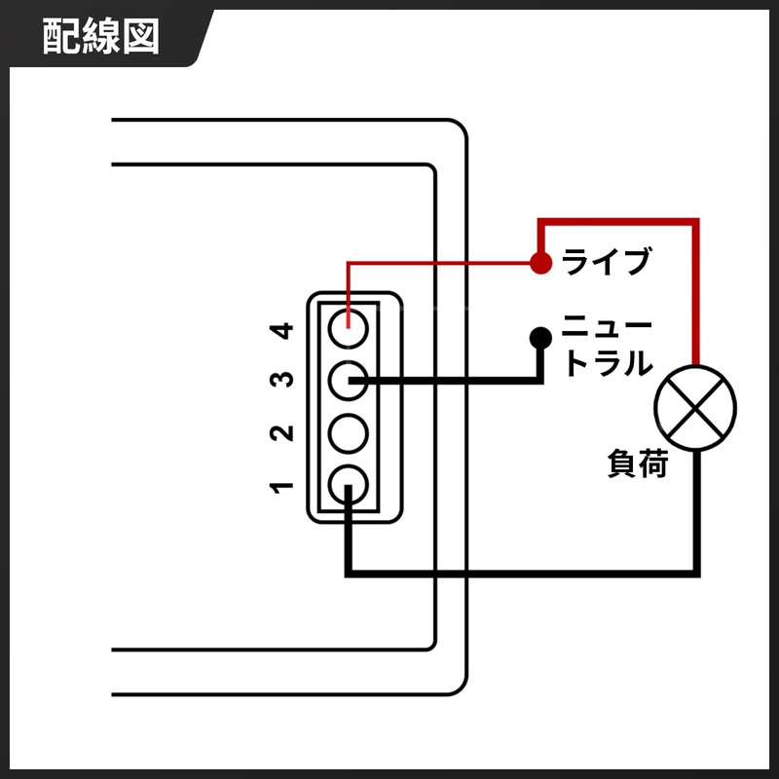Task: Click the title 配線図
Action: [x=101, y=36]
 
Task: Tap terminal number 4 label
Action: [x=281, y=330]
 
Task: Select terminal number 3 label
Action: [x=281, y=380]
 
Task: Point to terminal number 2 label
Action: [x=281, y=432]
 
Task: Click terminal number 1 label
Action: [x=281, y=488]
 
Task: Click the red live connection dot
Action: [x=540, y=262]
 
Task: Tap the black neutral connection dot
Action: [x=540, y=338]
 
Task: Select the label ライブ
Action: [x=606, y=261]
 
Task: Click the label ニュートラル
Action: [x=607, y=346]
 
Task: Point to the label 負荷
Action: [x=638, y=464]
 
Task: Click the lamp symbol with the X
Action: [x=695, y=408]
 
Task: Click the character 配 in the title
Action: [x=61, y=36]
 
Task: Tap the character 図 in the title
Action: [x=141, y=36]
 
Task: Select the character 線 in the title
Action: [x=101, y=36]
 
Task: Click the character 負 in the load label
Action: [x=622, y=464]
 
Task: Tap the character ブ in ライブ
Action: [x=635, y=261]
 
